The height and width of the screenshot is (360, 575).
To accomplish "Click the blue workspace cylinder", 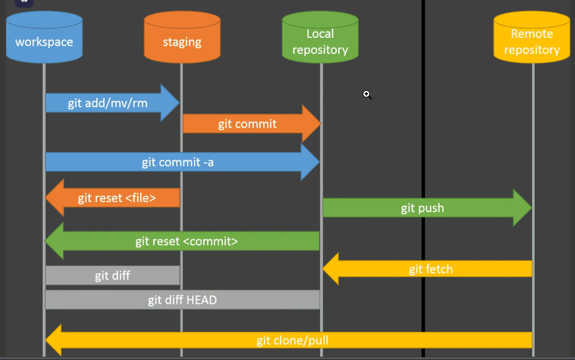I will click(x=44, y=38).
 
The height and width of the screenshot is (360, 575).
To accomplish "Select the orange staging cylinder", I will click(x=182, y=38).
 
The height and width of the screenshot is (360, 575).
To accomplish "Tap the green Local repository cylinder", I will click(x=320, y=38).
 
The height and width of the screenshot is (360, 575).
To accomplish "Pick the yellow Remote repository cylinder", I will click(x=532, y=38).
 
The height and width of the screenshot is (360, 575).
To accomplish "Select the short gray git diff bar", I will click(x=113, y=276).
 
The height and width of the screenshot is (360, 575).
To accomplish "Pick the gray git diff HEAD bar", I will click(x=182, y=300).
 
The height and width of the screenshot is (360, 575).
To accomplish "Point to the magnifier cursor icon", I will click(x=367, y=94).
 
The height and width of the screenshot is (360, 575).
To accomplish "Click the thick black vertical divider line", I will click(x=423, y=176).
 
